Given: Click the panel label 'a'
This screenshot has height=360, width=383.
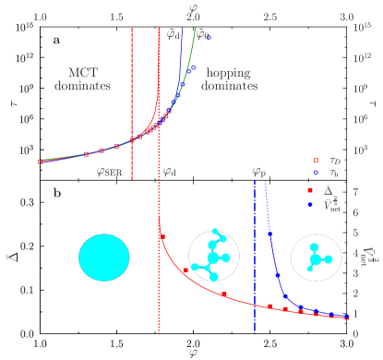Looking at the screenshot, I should [57, 40].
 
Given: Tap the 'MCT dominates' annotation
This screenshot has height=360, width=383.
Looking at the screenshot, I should [90, 79].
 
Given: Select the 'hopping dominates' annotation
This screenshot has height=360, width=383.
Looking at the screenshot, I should [233, 79].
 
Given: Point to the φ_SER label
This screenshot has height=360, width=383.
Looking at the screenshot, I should [112, 172].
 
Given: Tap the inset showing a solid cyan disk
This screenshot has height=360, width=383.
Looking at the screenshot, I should [103, 257].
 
